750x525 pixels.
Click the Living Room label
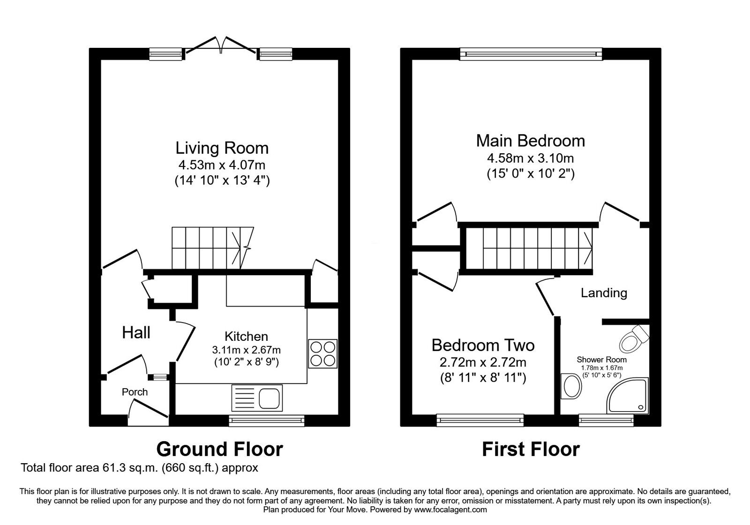point(222,148)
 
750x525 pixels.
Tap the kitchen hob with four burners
point(323,353)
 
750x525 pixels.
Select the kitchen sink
point(256,398)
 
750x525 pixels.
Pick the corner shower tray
point(628,397)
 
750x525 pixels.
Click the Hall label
point(136,333)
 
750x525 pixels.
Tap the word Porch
point(135,392)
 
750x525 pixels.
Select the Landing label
point(604,293)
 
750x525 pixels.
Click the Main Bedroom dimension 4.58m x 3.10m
point(531,158)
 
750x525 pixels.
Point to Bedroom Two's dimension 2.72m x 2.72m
point(483,362)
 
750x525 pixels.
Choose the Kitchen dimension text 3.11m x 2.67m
point(246,350)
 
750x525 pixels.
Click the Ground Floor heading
point(219,449)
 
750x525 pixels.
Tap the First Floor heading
point(531,449)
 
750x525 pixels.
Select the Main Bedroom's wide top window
point(531,54)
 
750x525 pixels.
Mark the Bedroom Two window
point(480,420)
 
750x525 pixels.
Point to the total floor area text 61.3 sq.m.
point(139,468)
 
